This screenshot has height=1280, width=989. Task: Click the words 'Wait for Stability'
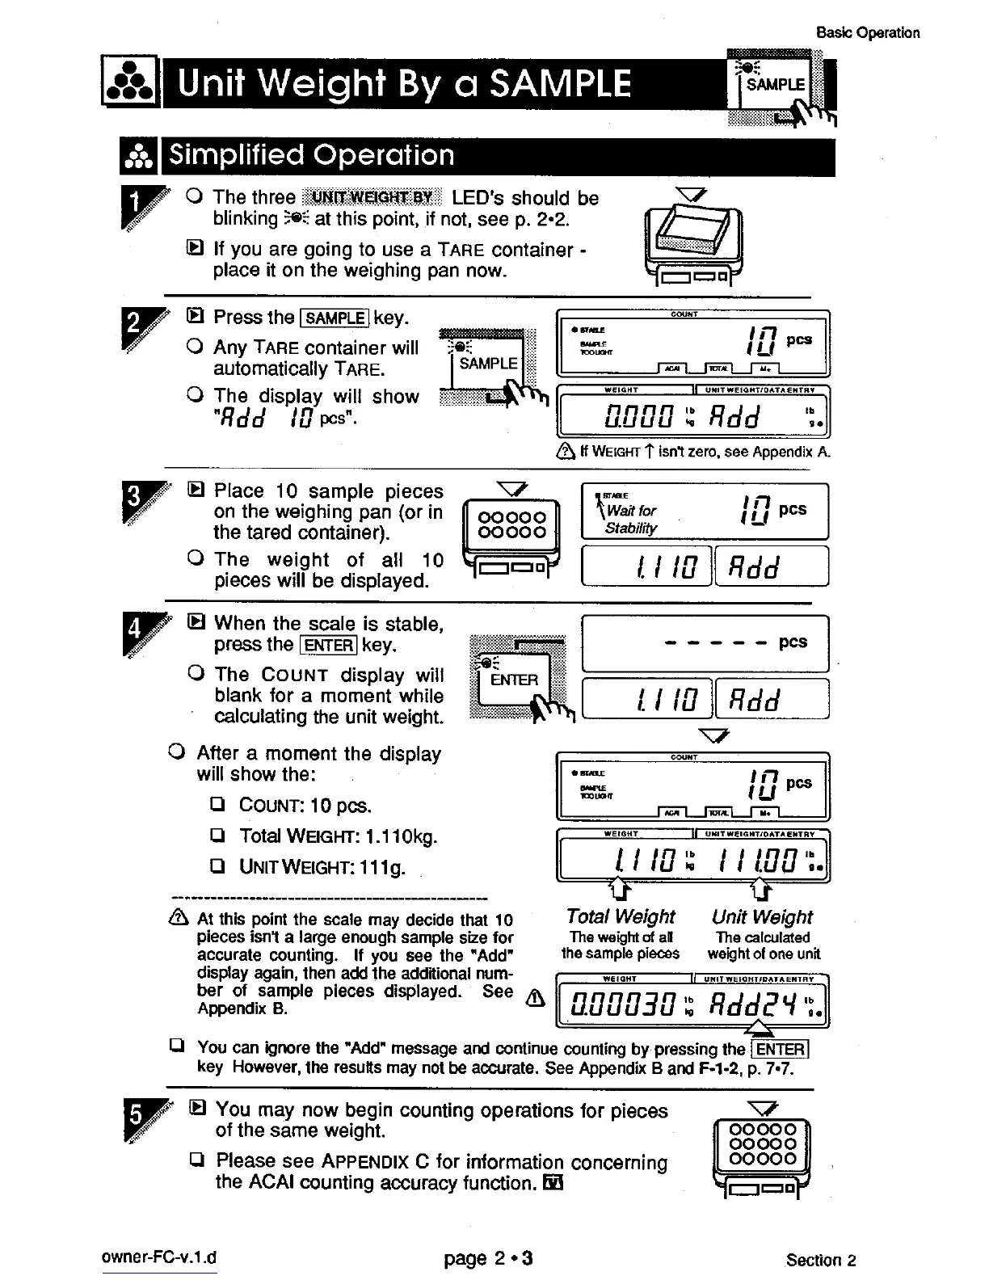coord(631,519)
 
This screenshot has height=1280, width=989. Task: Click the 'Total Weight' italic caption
coord(621,916)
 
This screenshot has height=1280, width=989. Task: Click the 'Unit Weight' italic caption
coord(762,916)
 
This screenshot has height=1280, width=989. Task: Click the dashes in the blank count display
coord(713,643)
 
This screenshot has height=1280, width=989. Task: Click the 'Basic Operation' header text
coord(868,33)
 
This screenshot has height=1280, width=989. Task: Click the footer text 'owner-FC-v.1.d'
coord(159,1258)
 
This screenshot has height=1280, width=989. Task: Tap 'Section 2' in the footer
coord(821,1260)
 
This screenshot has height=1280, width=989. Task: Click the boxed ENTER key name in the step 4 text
coord(327,645)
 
